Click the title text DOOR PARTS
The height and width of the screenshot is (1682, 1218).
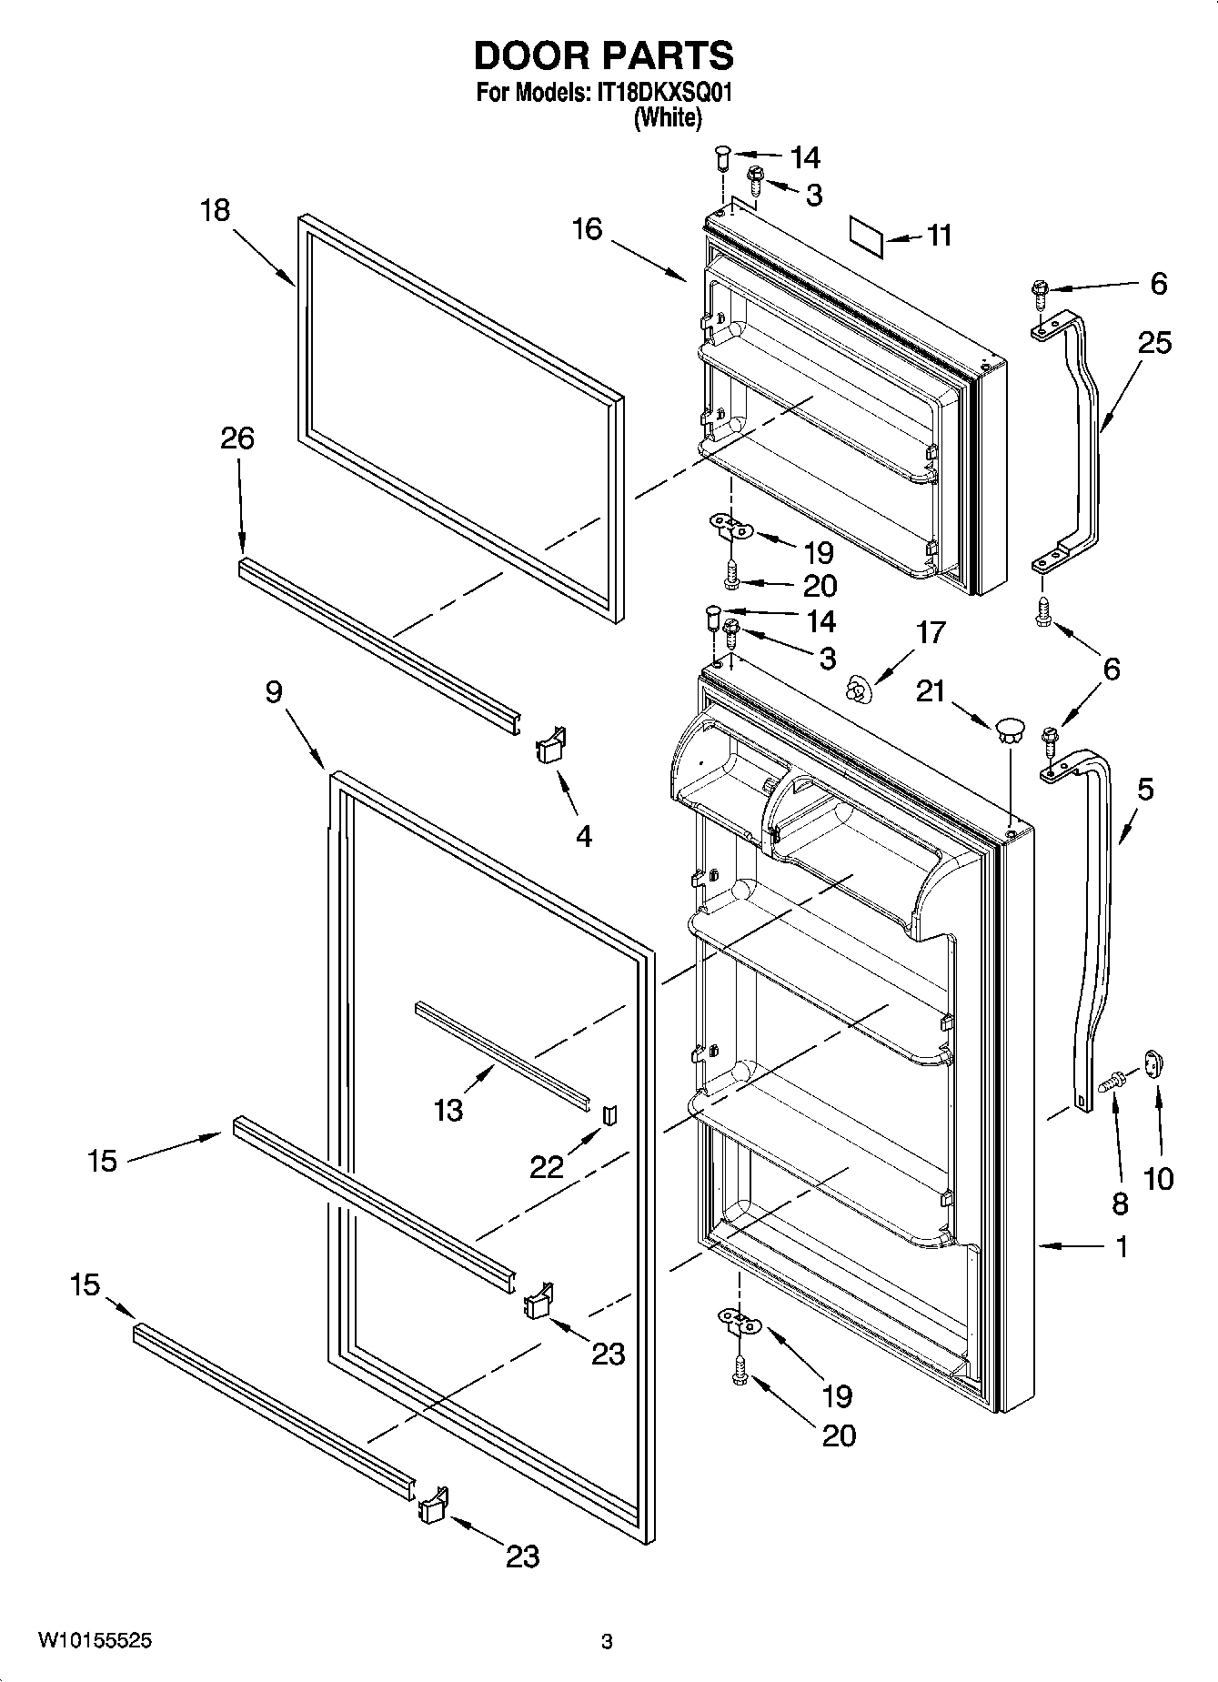coord(603,56)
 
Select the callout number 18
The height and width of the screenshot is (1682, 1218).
coord(216,211)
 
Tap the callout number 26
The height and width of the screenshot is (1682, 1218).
coord(237,438)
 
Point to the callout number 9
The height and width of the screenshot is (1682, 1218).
coord(274,692)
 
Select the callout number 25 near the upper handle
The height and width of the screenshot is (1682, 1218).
coord(1154,343)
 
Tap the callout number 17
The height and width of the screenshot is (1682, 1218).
coord(931,632)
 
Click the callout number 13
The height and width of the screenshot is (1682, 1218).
coord(448,1110)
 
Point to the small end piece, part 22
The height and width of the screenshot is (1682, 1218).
coord(610,1113)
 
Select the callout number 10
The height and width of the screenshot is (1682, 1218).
coord(1158,1179)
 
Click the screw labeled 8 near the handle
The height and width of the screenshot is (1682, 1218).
coord(1112,1083)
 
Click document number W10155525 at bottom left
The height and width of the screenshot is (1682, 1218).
coord(96,1641)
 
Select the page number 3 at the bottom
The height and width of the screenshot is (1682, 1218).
coord(607,1642)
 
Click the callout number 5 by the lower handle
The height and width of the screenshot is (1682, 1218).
coord(1144,789)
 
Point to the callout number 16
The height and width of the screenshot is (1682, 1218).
coord(588,229)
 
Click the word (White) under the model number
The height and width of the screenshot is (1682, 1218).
coord(667,117)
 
